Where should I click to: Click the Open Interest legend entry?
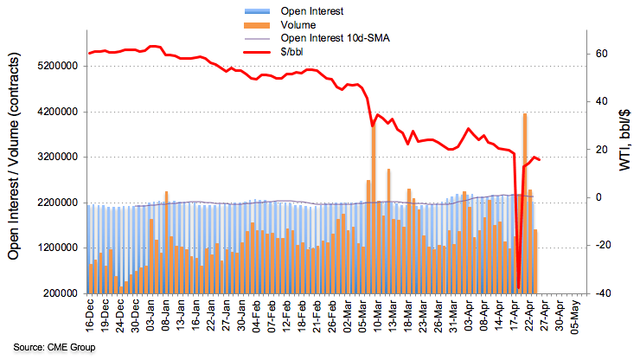point(311,10)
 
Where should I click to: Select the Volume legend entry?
point(298,25)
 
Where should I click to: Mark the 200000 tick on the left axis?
point(54,293)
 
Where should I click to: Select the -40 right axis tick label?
point(598,293)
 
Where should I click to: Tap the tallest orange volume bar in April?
point(524,203)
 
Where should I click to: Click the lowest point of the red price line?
point(518,287)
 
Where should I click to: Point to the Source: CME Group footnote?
point(49,347)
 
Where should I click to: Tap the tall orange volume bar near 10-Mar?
point(374,208)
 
